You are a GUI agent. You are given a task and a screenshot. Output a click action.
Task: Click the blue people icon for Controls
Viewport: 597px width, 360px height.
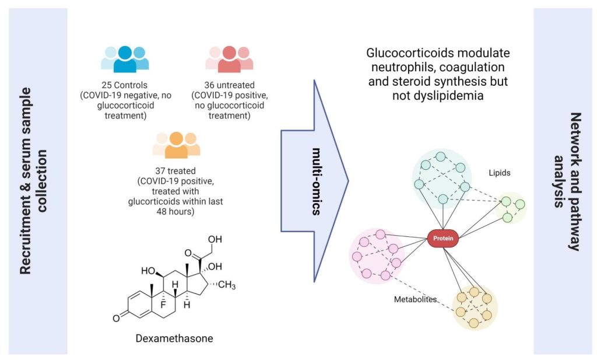pos(125,57)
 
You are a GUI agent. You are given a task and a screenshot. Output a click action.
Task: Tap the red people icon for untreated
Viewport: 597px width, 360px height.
pos(229,57)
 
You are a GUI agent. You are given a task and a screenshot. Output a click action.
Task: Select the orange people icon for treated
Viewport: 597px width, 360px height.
pos(176,144)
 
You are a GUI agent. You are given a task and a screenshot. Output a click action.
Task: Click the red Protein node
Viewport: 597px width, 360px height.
pos(444,237)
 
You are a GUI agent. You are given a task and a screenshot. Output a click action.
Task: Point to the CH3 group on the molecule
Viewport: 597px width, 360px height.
pos(226,285)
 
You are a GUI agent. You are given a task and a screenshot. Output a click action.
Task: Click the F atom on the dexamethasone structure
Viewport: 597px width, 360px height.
pos(164,304)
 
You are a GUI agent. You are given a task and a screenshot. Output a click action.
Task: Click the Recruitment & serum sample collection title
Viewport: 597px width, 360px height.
pos(33,181)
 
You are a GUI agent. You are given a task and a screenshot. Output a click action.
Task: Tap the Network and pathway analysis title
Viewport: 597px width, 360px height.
pos(564,181)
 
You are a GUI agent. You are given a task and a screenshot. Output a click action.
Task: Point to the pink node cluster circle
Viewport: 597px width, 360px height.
pos(376,256)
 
